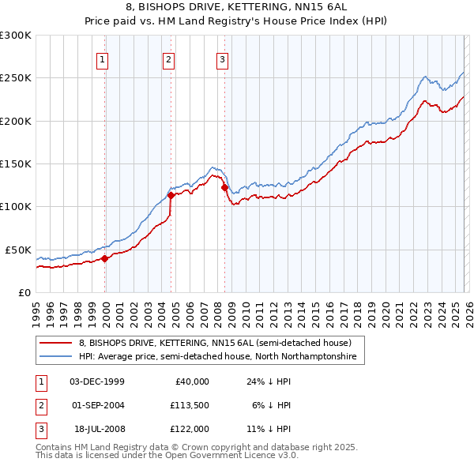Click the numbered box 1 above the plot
(x=103, y=58)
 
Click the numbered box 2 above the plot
(x=169, y=58)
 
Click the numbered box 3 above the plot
(x=222, y=58)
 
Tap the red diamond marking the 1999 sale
(x=105, y=258)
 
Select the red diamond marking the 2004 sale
(x=171, y=195)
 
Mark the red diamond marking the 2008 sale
(x=224, y=188)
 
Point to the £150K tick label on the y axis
(x=16, y=163)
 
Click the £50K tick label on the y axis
(x=18, y=250)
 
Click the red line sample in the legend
(x=56, y=344)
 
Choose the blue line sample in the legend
(x=56, y=357)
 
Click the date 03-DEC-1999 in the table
(x=97, y=381)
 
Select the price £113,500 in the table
(x=187, y=405)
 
